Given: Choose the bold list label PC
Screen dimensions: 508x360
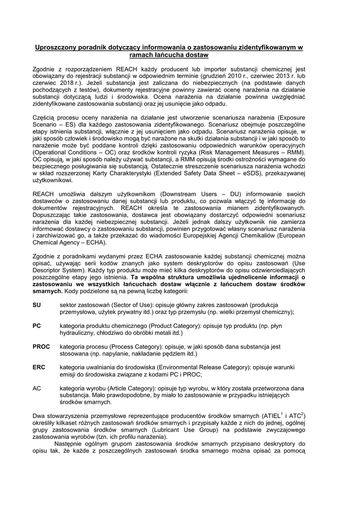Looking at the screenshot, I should tap(37, 324).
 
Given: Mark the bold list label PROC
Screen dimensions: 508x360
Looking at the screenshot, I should tap(41, 346).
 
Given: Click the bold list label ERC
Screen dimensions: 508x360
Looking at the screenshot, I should tap(39, 367).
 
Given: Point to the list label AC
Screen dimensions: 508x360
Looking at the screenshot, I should tap(37, 388).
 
